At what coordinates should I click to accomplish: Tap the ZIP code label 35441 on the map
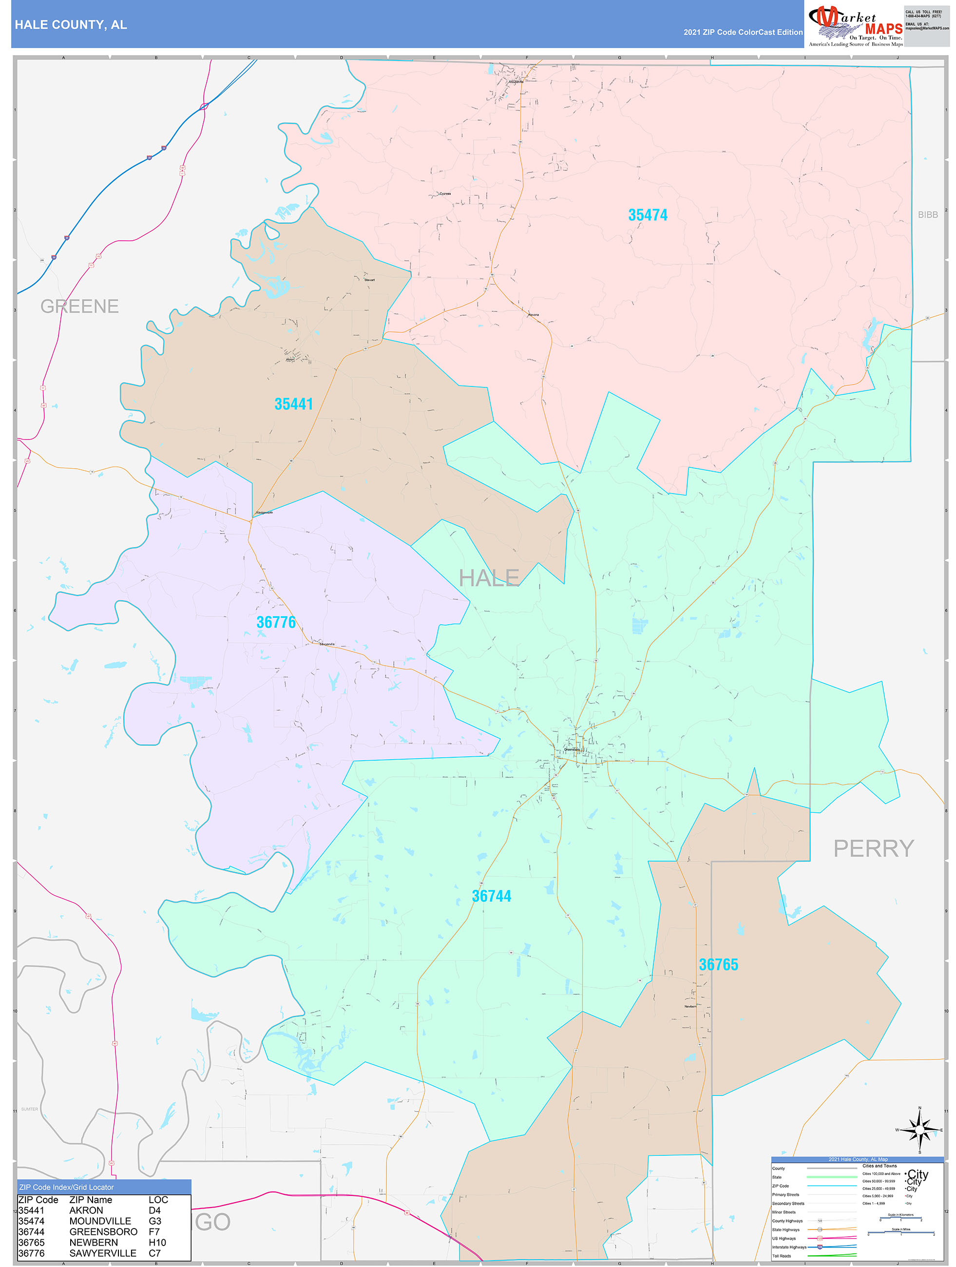click(293, 404)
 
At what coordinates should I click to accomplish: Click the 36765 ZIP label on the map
click(718, 964)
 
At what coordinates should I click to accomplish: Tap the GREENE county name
click(79, 307)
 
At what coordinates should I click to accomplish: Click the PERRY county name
click(873, 848)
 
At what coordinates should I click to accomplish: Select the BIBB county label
click(927, 215)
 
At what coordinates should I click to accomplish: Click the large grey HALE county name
click(489, 578)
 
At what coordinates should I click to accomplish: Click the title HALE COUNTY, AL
click(71, 25)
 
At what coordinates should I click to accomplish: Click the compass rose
click(919, 1130)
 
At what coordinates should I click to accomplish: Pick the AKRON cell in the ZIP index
click(86, 1210)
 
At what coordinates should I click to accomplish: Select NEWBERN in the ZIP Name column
click(94, 1242)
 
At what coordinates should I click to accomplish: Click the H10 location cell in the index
click(157, 1242)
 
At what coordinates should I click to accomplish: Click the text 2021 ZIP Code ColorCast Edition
click(743, 32)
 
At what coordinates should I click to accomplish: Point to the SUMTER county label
click(30, 1110)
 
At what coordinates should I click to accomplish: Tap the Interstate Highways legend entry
click(789, 1247)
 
